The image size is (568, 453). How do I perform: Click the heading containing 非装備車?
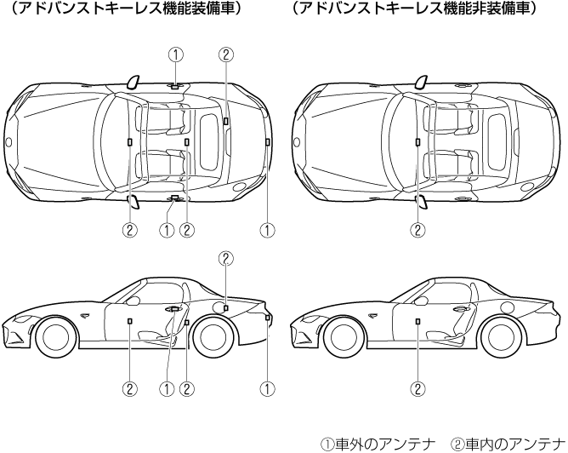tap(414, 9)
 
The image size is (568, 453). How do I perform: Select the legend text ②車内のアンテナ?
tap(508, 444)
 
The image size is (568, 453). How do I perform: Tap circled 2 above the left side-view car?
tap(225, 258)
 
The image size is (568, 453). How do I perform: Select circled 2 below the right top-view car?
tap(417, 229)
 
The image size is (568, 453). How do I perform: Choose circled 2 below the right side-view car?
tap(417, 388)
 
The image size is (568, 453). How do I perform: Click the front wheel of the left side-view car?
tap(55, 335)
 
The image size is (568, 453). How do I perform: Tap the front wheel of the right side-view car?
tap(344, 335)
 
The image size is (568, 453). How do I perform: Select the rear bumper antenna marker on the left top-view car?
tap(267, 140)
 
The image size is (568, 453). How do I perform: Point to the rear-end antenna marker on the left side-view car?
tap(267, 317)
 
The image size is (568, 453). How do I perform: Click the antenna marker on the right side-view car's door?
tap(417, 320)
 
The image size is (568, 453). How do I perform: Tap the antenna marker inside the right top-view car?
tap(417, 141)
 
